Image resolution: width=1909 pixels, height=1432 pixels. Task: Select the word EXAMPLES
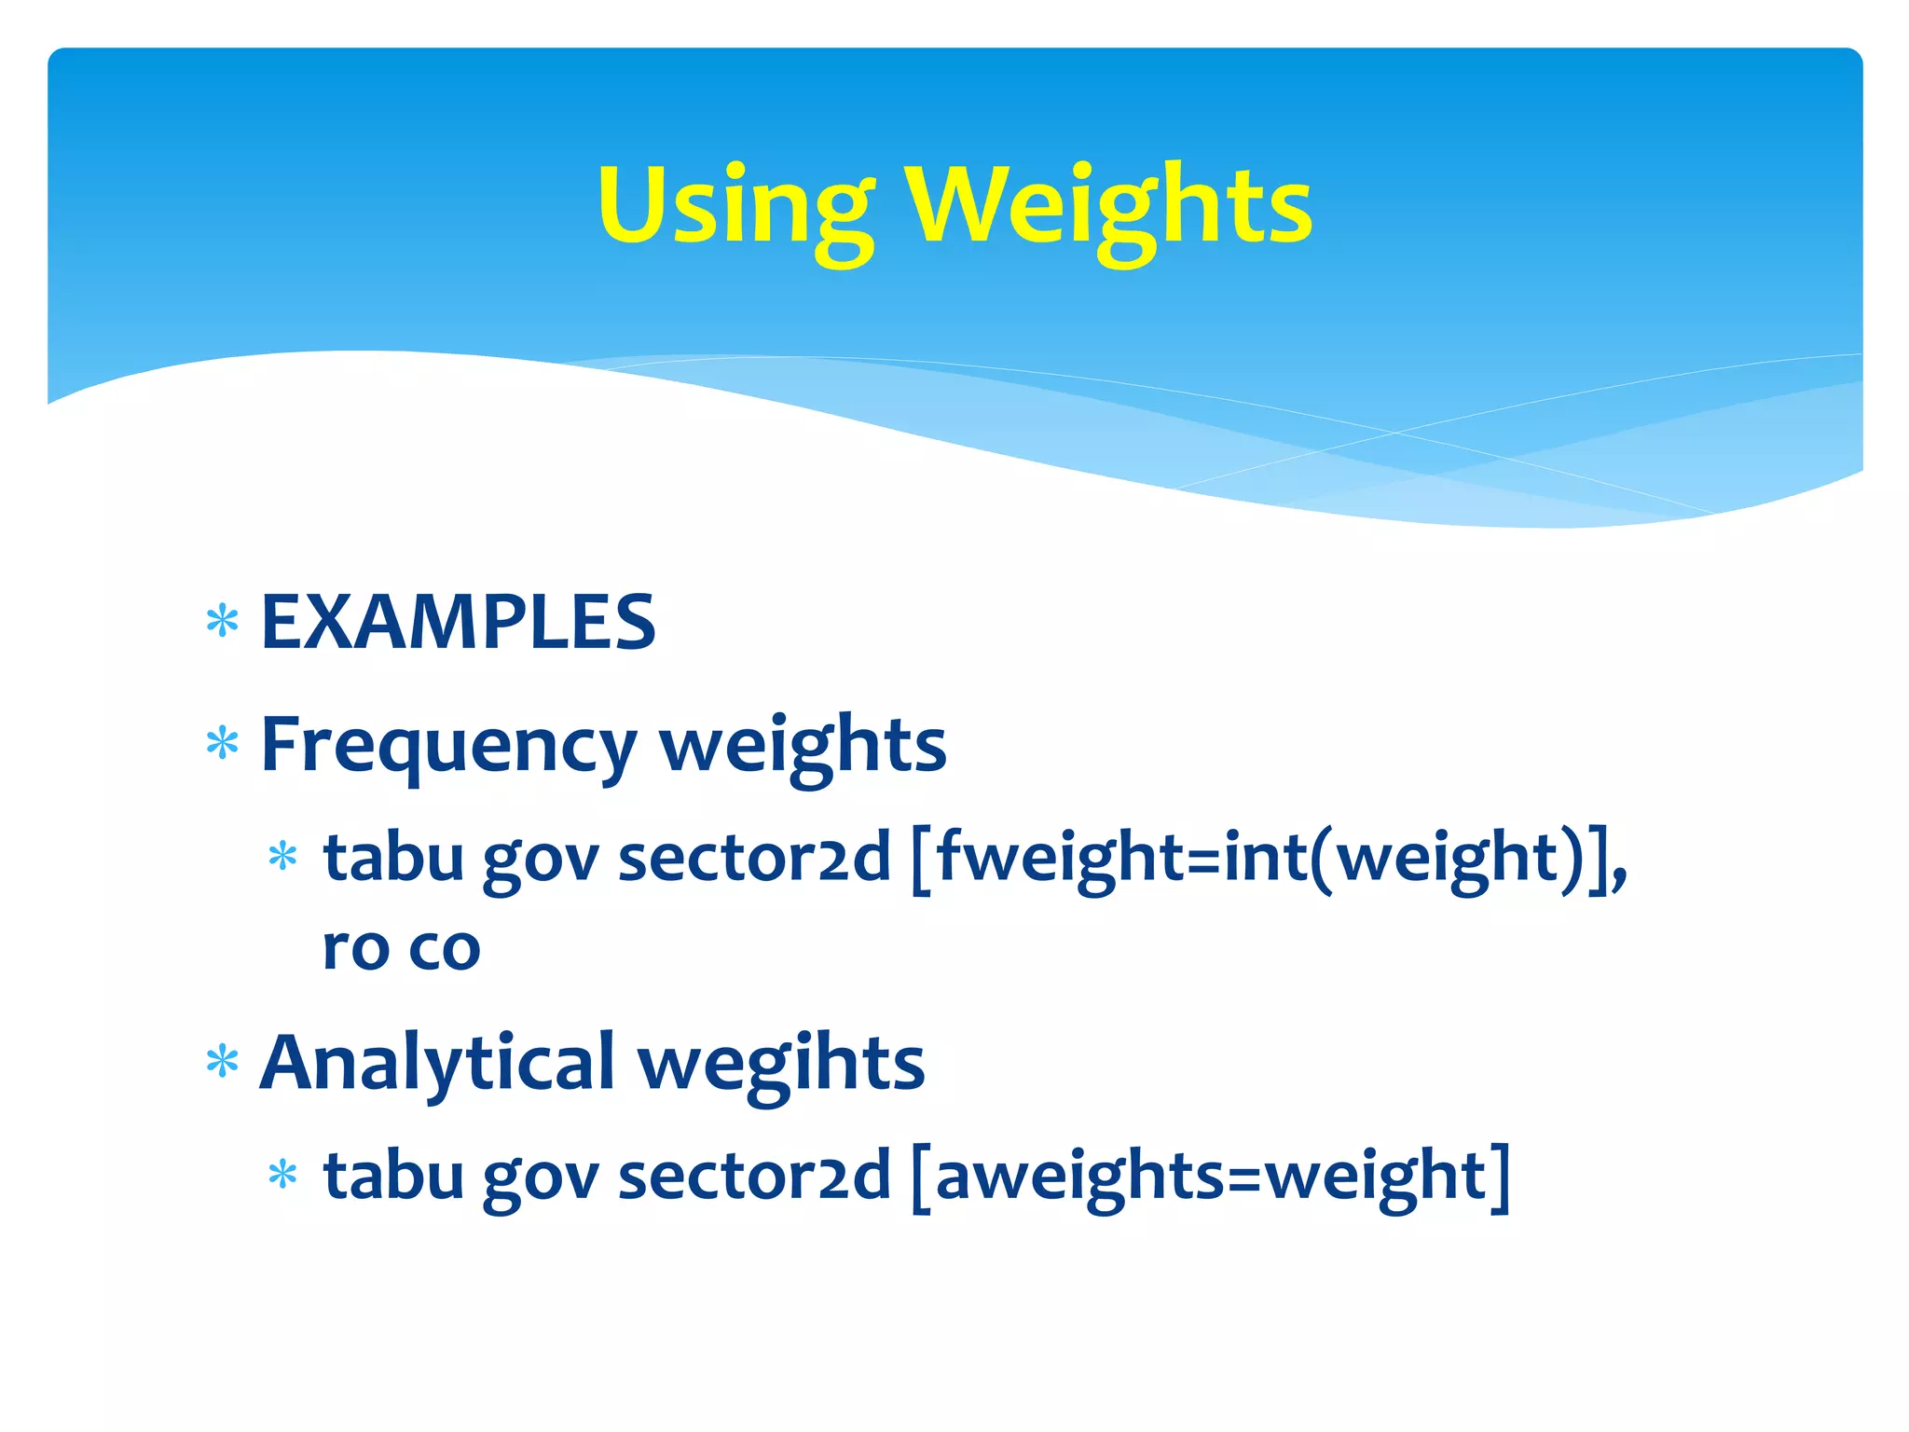[459, 623]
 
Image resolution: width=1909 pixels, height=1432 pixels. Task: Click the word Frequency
[448, 746]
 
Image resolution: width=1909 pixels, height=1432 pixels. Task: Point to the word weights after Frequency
[803, 746]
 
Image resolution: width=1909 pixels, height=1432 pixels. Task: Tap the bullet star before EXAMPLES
[223, 622]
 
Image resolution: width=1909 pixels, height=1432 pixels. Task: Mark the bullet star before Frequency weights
[223, 745]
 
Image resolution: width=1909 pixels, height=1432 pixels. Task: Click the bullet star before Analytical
[223, 1062]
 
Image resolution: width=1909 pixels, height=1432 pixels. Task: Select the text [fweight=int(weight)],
[1268, 858]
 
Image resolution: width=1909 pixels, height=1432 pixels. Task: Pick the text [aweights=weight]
[1210, 1177]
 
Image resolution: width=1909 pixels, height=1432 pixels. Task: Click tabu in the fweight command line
[393, 858]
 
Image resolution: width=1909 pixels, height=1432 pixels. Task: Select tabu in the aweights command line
[393, 1177]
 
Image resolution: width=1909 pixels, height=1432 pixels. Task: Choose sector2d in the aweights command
[754, 1177]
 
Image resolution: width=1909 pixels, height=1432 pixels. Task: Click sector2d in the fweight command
[754, 858]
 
